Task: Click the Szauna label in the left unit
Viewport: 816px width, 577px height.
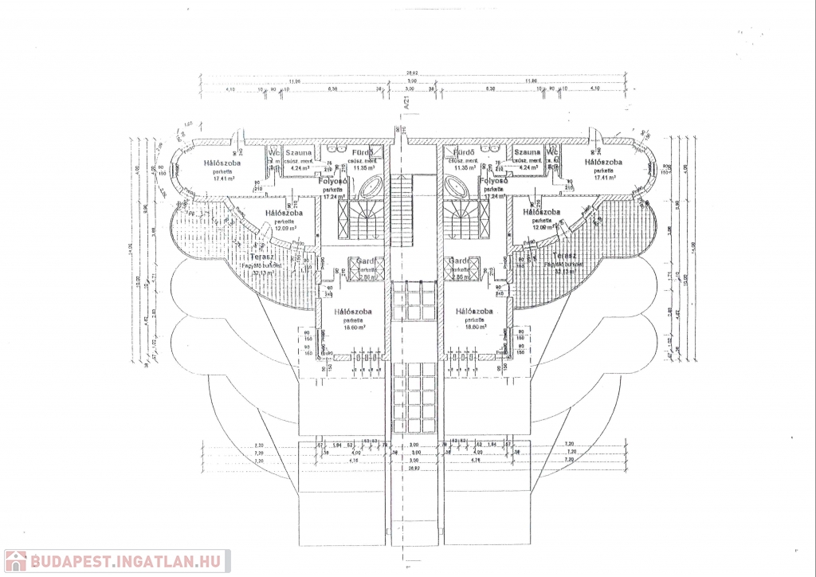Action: (299, 151)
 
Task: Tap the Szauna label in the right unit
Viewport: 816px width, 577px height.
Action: (527, 151)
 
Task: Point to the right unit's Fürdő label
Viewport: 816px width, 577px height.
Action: (464, 151)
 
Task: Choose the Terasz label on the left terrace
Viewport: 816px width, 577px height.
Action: (262, 257)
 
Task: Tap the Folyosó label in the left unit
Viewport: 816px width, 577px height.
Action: (330, 181)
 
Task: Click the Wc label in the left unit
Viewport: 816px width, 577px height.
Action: (273, 151)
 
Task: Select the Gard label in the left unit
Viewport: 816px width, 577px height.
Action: (367, 261)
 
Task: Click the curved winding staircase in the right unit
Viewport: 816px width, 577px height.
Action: (461, 219)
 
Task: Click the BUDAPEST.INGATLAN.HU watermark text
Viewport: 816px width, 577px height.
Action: (127, 560)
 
